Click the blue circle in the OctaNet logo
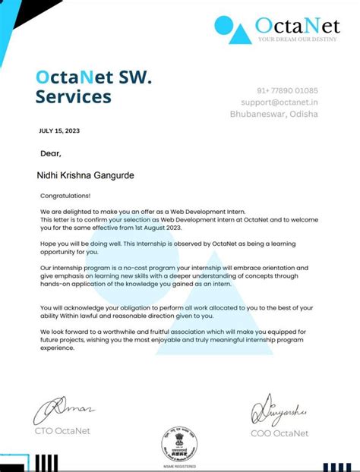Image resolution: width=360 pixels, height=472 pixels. click(x=226, y=27)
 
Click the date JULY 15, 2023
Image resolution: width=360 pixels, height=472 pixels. click(x=59, y=131)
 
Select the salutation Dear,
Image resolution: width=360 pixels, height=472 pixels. click(x=51, y=153)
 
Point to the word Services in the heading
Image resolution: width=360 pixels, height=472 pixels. click(x=73, y=97)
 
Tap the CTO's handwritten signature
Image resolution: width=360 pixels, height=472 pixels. click(x=64, y=414)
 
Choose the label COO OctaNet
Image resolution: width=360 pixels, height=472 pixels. click(x=279, y=433)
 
